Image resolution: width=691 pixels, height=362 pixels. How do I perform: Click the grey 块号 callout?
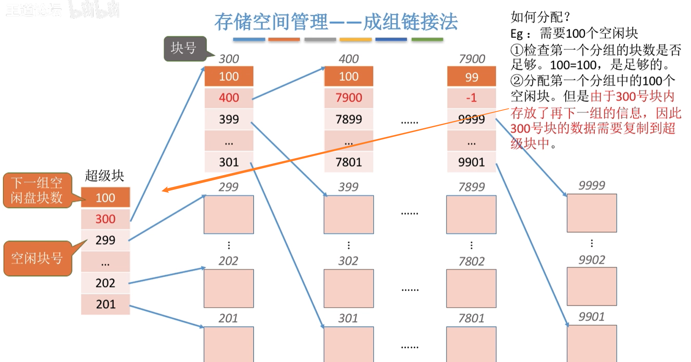(184, 48)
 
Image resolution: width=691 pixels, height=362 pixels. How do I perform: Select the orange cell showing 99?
(471, 77)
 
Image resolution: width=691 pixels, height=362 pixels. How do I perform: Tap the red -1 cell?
(471, 98)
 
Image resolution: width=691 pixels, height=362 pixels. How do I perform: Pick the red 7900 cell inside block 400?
(349, 98)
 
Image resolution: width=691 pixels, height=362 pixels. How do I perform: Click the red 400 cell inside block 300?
(229, 98)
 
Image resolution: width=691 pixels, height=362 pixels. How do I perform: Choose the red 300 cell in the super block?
(105, 219)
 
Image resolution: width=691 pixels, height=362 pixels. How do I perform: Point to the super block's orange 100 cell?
(105, 198)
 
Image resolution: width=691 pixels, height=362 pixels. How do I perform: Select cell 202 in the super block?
(105, 283)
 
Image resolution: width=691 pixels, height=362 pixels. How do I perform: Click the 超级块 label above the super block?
(104, 176)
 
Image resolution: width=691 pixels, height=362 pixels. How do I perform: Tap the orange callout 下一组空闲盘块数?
(37, 190)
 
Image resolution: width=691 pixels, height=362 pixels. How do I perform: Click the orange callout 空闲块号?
(37, 258)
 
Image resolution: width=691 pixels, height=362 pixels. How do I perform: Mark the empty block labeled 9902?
(591, 286)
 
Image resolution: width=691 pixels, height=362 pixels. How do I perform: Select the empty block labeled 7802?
(471, 288)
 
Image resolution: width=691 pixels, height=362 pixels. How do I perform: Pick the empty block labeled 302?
(349, 288)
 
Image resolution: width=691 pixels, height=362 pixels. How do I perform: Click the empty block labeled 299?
(229, 214)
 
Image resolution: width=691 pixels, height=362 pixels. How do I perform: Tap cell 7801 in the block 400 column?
(349, 162)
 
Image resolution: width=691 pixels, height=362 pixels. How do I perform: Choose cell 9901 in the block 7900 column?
(471, 162)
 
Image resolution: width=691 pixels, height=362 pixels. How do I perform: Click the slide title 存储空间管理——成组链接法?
(336, 22)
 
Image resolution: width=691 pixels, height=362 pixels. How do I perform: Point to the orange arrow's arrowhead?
(164, 190)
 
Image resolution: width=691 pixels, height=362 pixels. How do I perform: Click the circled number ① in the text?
(517, 50)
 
